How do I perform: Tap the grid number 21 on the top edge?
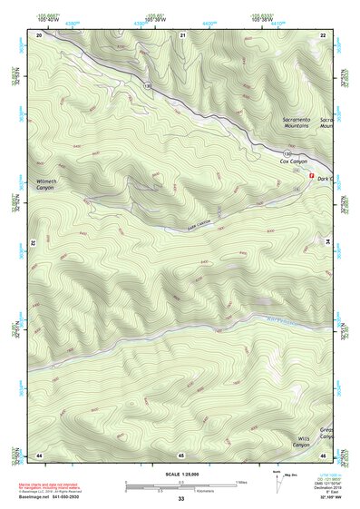point(182,34)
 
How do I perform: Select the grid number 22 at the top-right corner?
point(324,34)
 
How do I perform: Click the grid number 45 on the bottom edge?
point(181,455)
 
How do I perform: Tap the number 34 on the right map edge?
point(327,243)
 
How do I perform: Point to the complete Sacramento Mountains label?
point(297,123)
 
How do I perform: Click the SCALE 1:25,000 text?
point(180,474)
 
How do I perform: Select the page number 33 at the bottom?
point(180,499)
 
